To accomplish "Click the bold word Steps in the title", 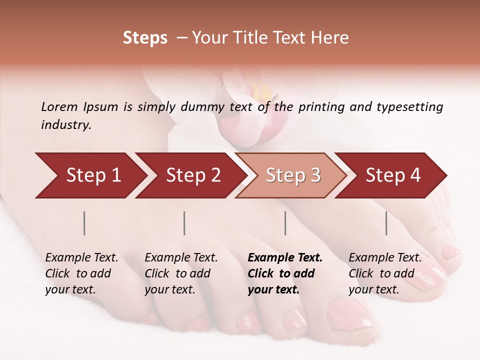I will (145, 38).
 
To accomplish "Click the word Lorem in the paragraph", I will (59, 106).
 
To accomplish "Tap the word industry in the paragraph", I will (66, 125).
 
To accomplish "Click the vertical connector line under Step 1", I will (84, 223).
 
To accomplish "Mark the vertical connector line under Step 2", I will (184, 223).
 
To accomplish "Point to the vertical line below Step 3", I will (285, 223).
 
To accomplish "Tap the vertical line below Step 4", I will (386, 223).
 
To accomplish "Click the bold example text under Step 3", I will (284, 273).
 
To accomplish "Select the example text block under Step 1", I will (81, 273).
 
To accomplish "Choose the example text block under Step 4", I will (384, 273).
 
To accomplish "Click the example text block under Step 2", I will (181, 273).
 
